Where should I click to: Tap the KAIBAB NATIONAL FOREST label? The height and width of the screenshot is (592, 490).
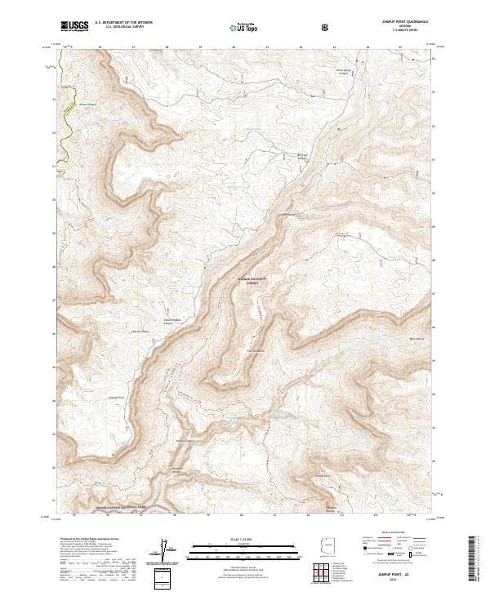tap(253, 280)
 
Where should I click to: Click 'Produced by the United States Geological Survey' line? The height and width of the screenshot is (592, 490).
tap(89, 539)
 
